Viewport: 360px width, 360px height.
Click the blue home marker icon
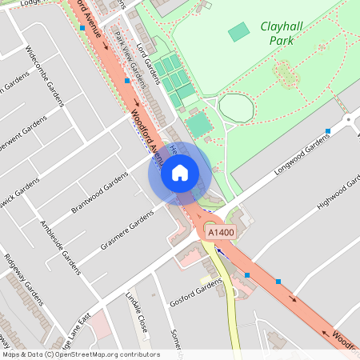[x=180, y=172]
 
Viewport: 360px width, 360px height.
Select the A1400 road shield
[x=222, y=231]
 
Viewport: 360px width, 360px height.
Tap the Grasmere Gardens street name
[x=126, y=232]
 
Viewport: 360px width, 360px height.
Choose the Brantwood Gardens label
[x=99, y=193]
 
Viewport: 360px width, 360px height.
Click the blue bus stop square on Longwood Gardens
[x=328, y=130]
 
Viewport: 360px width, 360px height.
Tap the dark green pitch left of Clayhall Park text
[x=238, y=33]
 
